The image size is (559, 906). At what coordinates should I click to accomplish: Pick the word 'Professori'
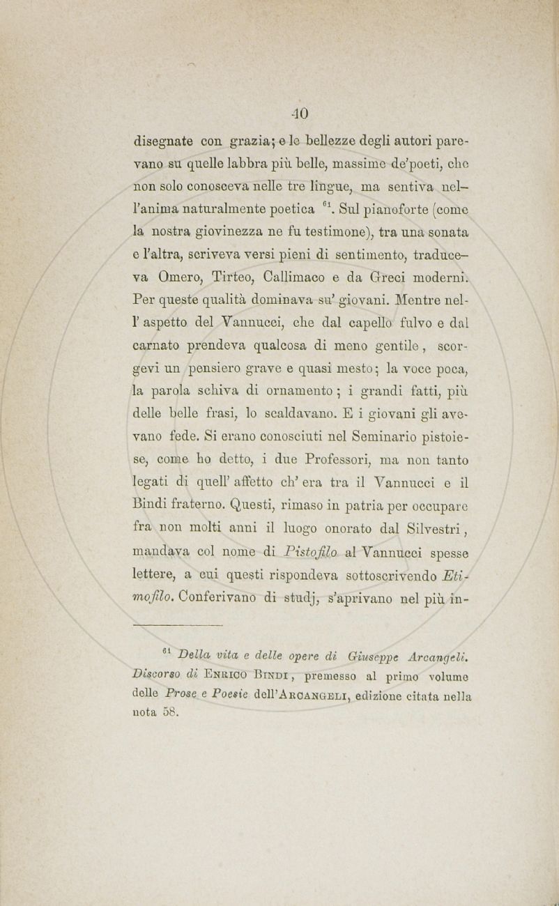pyautogui.click(x=323, y=461)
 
